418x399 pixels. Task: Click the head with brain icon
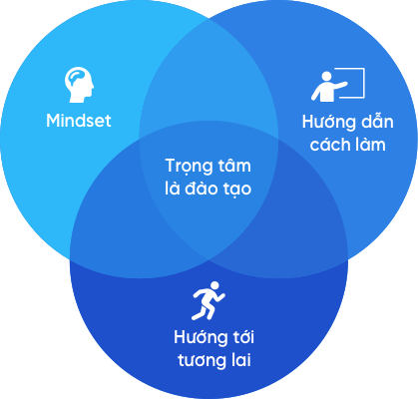[79, 85]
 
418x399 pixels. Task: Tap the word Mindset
[79, 121]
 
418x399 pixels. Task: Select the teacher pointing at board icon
[338, 85]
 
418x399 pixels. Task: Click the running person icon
[209, 301]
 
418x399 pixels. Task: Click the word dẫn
[378, 121]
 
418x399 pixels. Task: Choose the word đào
[204, 189]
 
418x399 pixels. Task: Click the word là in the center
[172, 189]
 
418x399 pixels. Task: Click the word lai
[242, 360]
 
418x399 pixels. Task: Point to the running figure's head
[214, 286]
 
